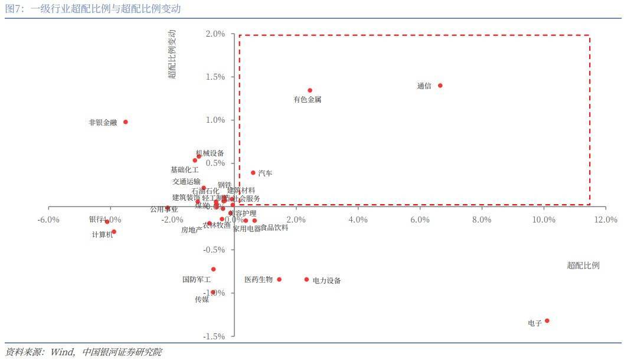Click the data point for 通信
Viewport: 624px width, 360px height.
[x=440, y=86]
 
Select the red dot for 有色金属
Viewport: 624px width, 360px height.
[x=309, y=90]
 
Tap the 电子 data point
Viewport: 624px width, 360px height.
[x=547, y=320]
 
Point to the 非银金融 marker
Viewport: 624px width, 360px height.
[x=125, y=122]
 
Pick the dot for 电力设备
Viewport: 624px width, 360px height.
[x=306, y=279]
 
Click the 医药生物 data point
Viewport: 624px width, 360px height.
[x=279, y=279]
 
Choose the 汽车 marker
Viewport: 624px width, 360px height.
[x=253, y=173]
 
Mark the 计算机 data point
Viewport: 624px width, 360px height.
[x=114, y=232]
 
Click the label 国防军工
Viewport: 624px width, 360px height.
[x=197, y=280]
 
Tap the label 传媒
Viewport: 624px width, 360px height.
[x=202, y=299]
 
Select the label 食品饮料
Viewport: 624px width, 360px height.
[x=275, y=228]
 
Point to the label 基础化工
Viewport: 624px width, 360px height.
[x=185, y=169]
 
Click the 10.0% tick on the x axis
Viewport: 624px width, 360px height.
[x=544, y=220]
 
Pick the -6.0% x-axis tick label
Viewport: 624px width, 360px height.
[x=48, y=220]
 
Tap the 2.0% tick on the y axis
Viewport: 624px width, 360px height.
[x=215, y=34]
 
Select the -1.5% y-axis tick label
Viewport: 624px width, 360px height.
[x=214, y=336]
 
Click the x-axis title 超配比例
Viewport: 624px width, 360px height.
[x=583, y=266]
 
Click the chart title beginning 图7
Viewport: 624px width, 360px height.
[x=93, y=9]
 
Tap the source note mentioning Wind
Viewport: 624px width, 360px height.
[x=83, y=352]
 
